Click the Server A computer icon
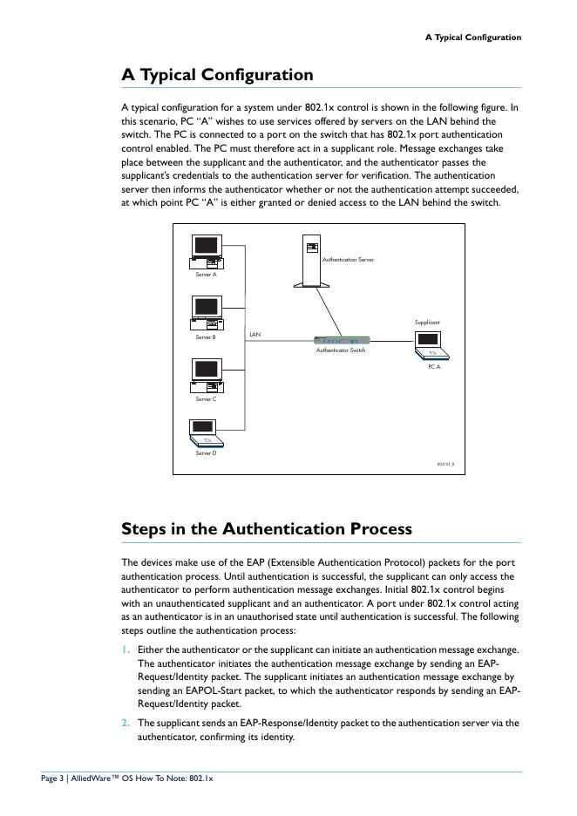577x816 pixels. click(x=207, y=251)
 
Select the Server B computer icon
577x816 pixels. click(x=207, y=313)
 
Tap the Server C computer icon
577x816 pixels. click(x=207, y=375)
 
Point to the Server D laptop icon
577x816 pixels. click(x=205, y=432)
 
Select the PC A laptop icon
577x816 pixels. click(x=432, y=347)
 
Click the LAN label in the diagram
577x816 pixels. click(x=255, y=334)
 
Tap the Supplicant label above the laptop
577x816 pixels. click(x=427, y=323)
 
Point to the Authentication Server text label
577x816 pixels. click(x=348, y=260)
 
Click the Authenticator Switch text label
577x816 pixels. click(x=341, y=350)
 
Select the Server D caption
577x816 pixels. click(x=206, y=453)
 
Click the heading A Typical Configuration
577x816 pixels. click(x=217, y=75)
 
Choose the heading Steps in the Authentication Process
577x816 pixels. click(x=267, y=529)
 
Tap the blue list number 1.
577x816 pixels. click(x=126, y=649)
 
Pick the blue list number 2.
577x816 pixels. click(x=126, y=723)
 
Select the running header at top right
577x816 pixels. click(x=472, y=37)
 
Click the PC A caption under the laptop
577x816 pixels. click(x=433, y=367)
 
